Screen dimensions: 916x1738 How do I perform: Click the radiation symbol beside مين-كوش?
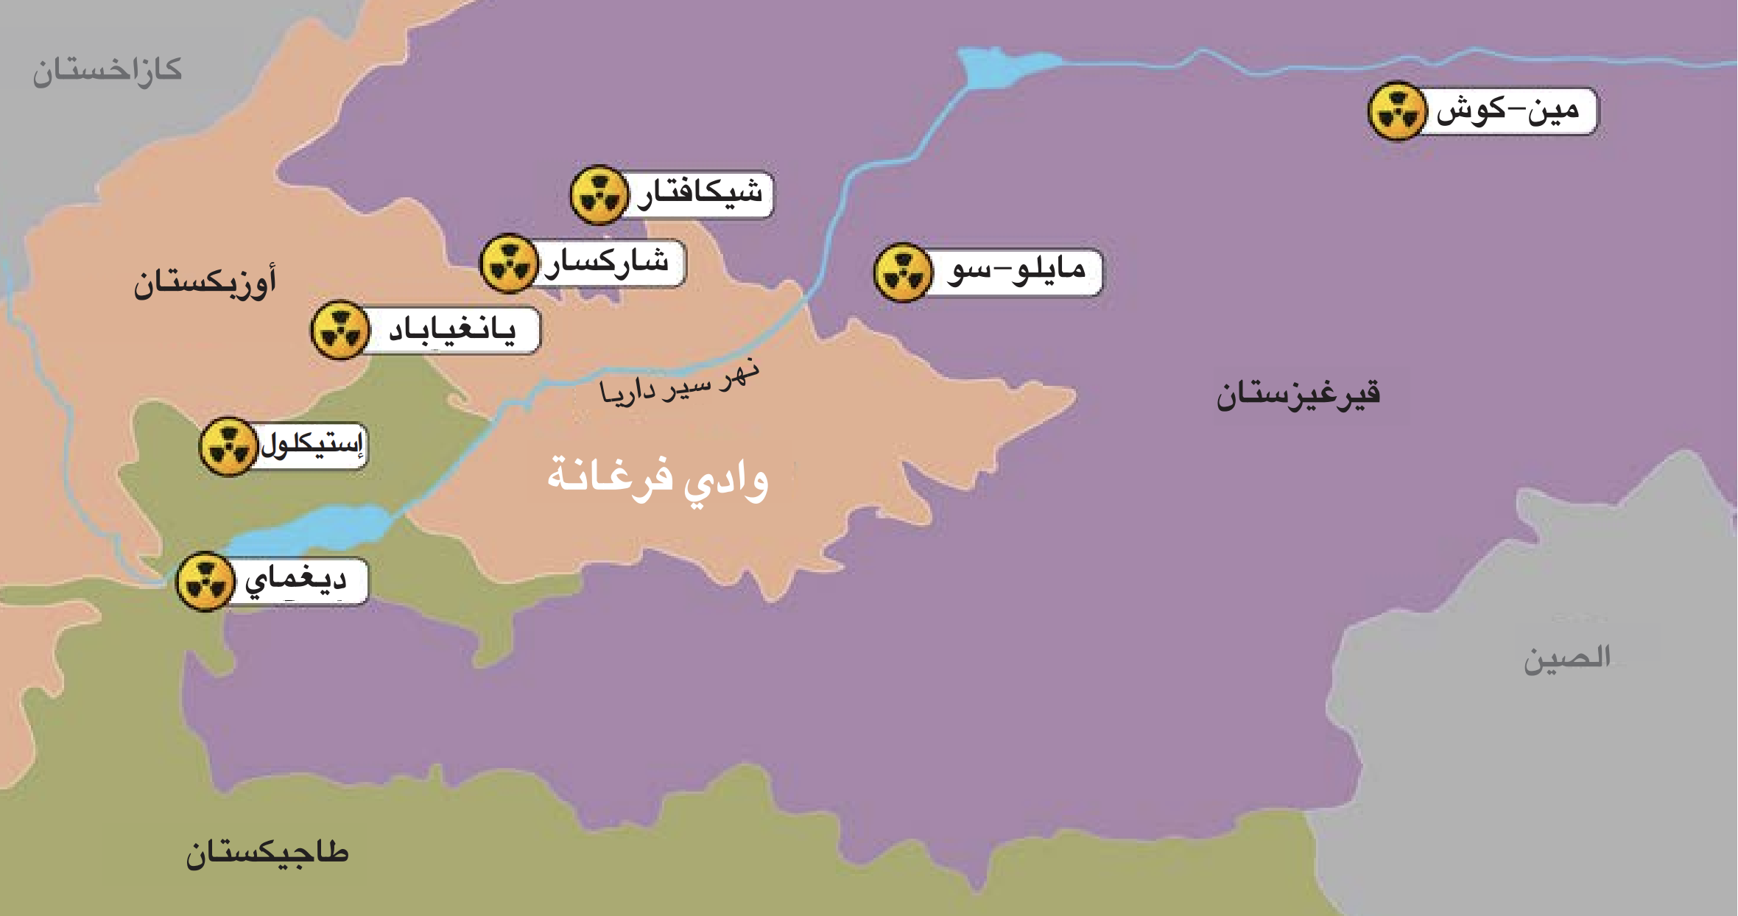[1397, 111]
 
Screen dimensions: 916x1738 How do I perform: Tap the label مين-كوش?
[1507, 111]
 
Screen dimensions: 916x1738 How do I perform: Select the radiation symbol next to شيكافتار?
[599, 194]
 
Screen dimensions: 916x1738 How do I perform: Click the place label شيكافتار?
[700, 194]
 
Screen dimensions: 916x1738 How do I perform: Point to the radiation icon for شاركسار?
[509, 263]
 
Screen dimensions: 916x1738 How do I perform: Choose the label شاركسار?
[607, 262]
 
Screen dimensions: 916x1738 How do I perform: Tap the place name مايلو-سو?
[1017, 272]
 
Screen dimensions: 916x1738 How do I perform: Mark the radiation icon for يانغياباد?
[339, 330]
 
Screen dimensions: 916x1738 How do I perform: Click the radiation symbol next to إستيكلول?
[228, 447]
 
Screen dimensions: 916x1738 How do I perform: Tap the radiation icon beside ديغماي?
[205, 581]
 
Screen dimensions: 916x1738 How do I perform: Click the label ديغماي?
[296, 580]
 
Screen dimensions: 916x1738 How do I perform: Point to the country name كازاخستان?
[107, 71]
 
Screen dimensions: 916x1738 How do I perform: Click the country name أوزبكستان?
[205, 283]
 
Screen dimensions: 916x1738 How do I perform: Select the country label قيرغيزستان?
[1298, 395]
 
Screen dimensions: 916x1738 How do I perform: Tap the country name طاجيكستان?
[267, 853]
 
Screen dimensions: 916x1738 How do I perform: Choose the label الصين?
[1566, 658]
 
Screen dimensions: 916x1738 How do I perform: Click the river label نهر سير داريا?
[679, 381]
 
